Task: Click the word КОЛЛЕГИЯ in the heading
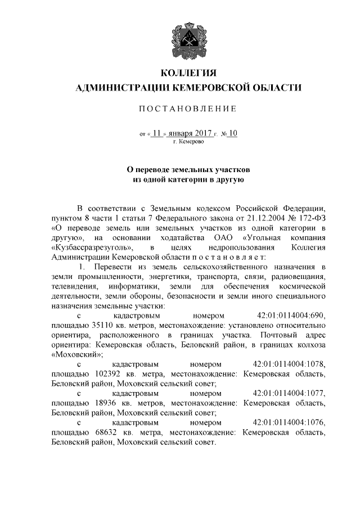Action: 188,73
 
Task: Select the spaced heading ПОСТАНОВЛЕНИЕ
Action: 188,109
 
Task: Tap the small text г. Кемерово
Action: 188,142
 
